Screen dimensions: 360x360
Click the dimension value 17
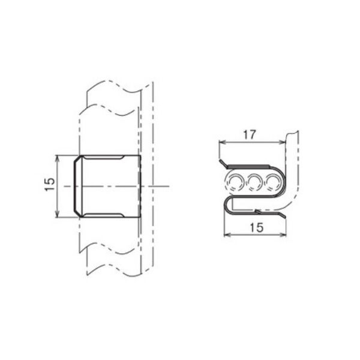250,135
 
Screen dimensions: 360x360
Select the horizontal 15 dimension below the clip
256,227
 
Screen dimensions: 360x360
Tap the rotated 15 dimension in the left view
50,184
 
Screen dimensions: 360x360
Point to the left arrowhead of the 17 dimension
222,142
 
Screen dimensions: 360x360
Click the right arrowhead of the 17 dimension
282,142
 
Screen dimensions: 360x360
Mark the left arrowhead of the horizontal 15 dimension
227,235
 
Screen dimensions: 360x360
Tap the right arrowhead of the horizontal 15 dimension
283,235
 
